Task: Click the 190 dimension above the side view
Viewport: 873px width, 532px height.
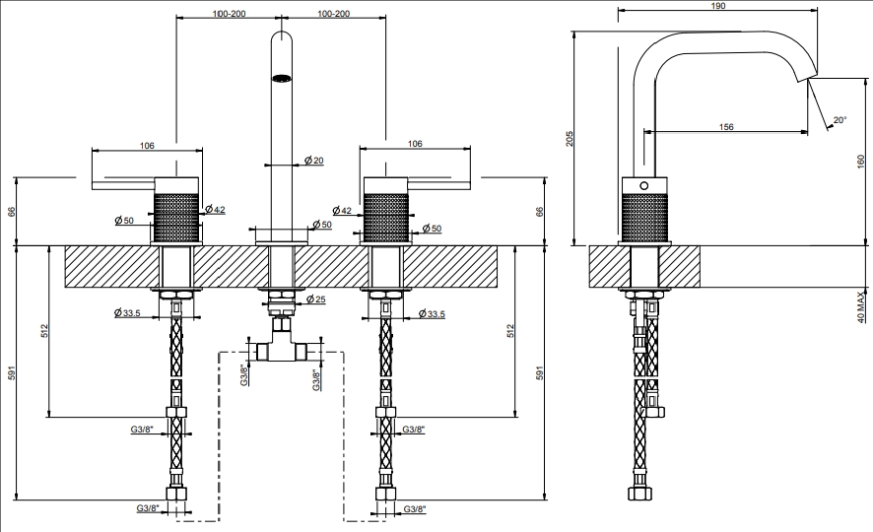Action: click(x=718, y=6)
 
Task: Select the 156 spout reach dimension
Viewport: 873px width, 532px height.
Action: click(x=726, y=127)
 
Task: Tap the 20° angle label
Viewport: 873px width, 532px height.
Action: click(x=840, y=119)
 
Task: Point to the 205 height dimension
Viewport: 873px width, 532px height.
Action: click(x=570, y=139)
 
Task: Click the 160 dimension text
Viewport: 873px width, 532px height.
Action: click(x=861, y=162)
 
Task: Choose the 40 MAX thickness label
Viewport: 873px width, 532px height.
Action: click(x=861, y=306)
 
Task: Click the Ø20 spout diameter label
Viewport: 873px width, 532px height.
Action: click(x=314, y=161)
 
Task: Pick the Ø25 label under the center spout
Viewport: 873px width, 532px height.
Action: click(x=316, y=299)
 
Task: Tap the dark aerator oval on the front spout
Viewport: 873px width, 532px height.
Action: click(x=282, y=79)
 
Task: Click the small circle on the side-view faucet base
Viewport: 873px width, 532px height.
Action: click(x=644, y=185)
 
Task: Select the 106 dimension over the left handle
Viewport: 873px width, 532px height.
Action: click(x=147, y=146)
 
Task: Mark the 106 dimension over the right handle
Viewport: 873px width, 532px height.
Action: click(x=415, y=144)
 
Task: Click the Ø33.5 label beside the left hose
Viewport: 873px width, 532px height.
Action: click(x=127, y=312)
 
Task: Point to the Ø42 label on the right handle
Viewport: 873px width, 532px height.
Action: click(x=342, y=211)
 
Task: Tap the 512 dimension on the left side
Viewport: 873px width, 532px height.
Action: click(x=44, y=331)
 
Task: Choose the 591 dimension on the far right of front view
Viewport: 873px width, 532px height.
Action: click(x=539, y=372)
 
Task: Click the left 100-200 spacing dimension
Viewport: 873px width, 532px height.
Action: click(x=229, y=14)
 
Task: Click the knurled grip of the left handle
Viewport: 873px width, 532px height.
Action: click(x=175, y=217)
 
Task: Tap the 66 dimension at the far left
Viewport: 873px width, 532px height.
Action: click(x=12, y=212)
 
